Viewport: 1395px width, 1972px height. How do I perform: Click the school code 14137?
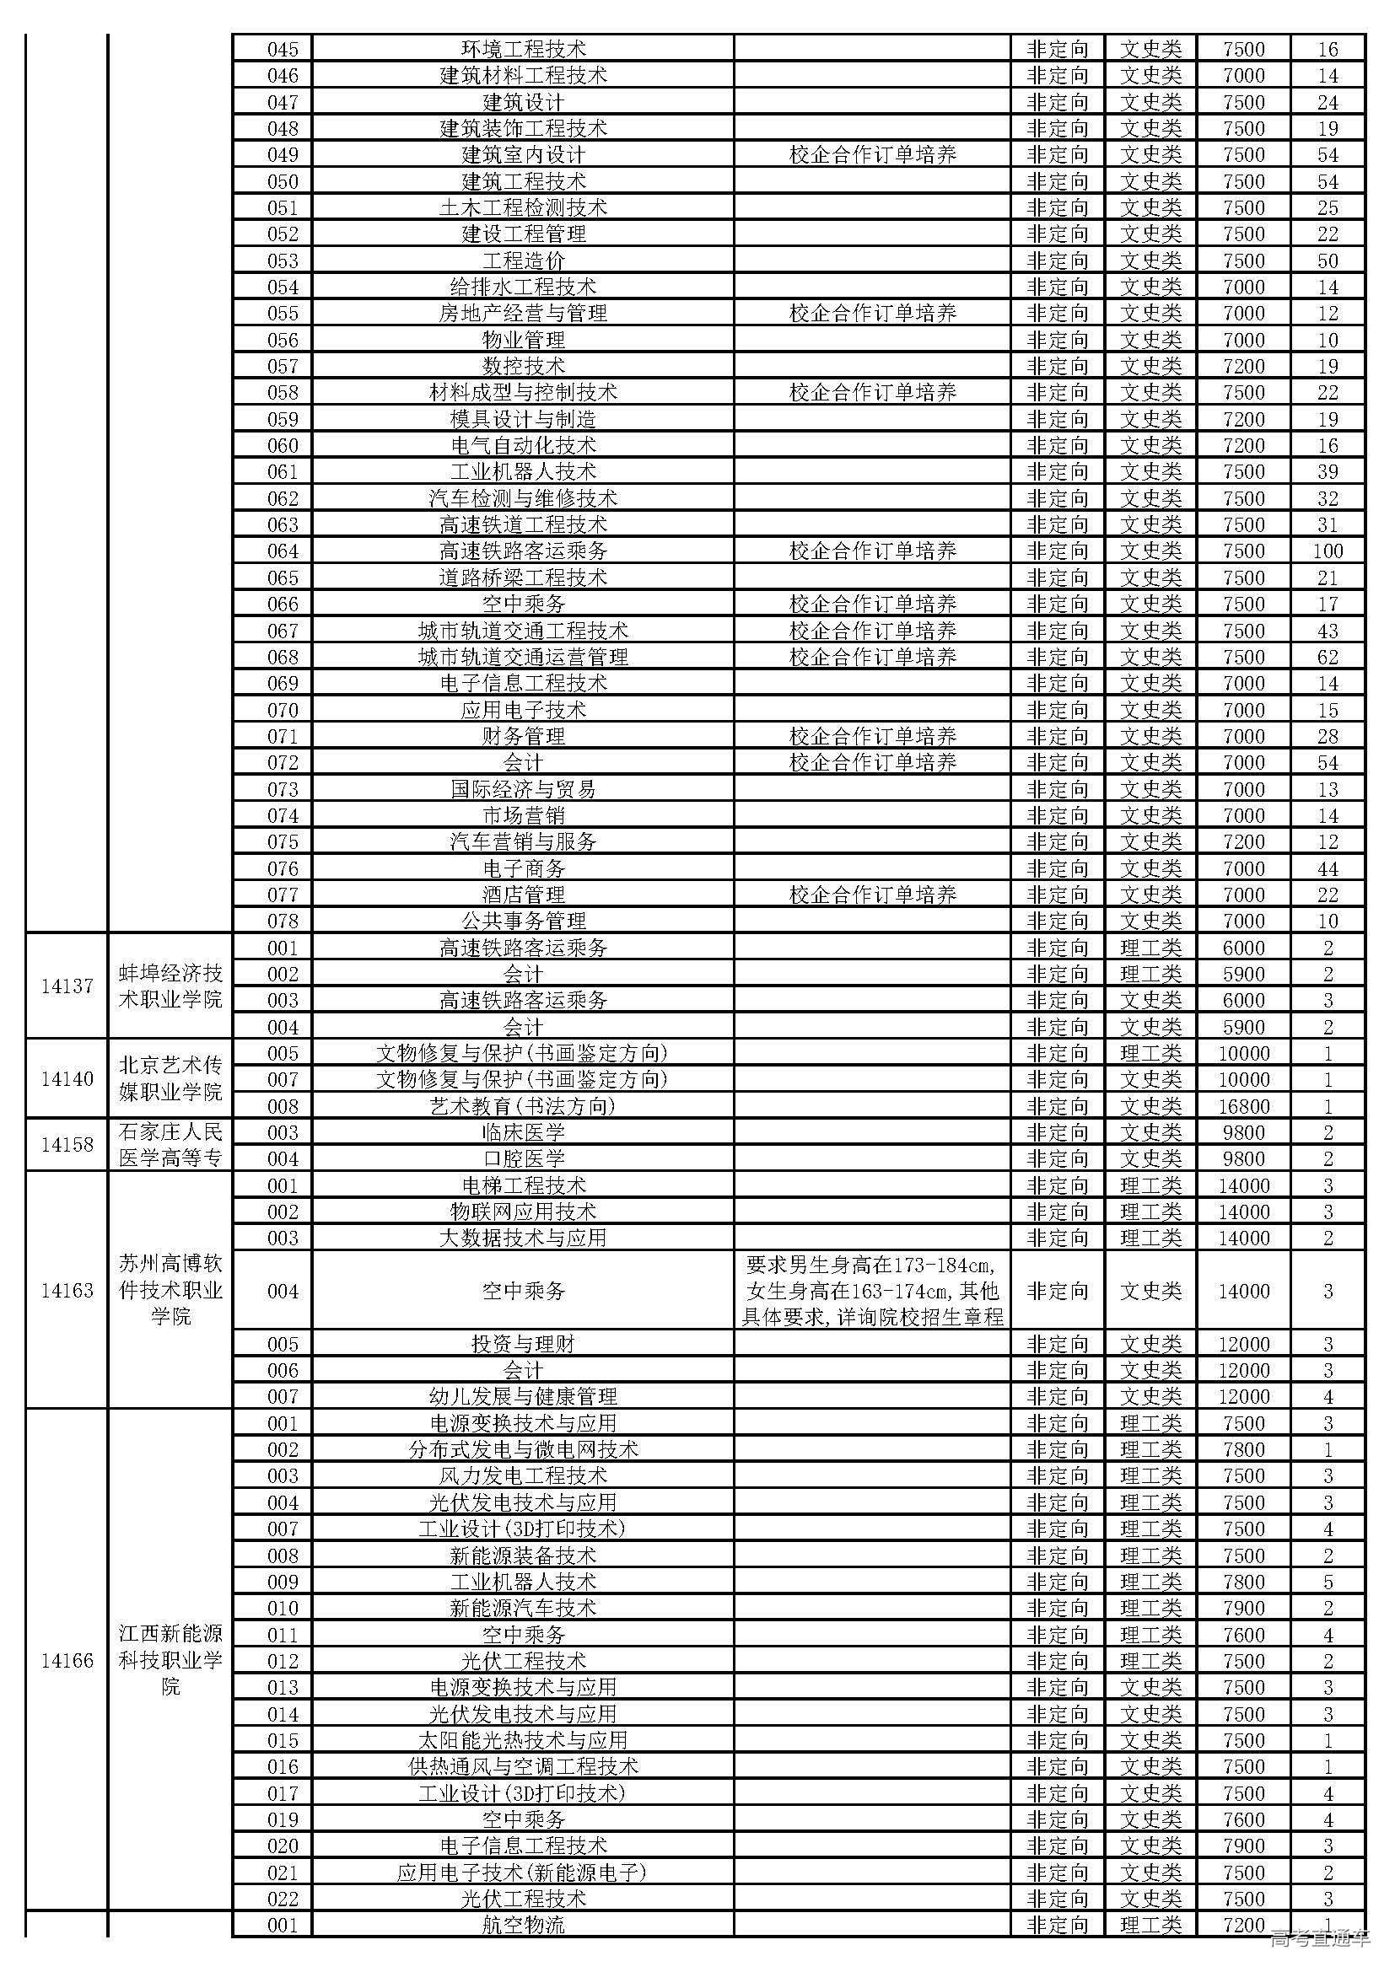67,986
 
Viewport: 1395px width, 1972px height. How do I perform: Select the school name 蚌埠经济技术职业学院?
170,986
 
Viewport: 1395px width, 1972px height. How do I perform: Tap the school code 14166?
67,1660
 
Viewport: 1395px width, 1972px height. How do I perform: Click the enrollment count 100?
1328,551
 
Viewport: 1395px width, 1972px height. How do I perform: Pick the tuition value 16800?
1243,1106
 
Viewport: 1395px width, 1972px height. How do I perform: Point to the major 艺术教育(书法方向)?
522,1106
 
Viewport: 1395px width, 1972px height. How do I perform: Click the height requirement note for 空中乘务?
872,1291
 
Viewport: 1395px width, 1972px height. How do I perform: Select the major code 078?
283,922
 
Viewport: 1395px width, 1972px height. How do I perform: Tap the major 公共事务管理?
522,922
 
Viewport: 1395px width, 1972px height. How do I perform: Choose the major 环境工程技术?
522,49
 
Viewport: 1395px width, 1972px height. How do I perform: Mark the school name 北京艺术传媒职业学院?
170,1079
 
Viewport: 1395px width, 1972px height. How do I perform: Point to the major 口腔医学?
522,1158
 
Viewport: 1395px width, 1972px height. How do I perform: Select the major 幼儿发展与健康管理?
522,1396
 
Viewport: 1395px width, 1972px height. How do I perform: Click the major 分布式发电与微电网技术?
522,1450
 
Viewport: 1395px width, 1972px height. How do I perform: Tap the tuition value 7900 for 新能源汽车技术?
1243,1608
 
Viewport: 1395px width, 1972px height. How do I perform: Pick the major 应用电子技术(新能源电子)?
522,1873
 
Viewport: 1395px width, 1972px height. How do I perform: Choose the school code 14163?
67,1291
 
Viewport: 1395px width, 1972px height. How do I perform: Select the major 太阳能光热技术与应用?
522,1740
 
